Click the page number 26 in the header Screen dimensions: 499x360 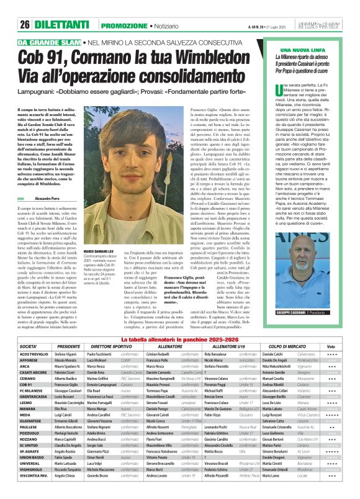(x=25, y=25)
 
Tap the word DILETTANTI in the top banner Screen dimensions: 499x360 (x=62, y=25)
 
